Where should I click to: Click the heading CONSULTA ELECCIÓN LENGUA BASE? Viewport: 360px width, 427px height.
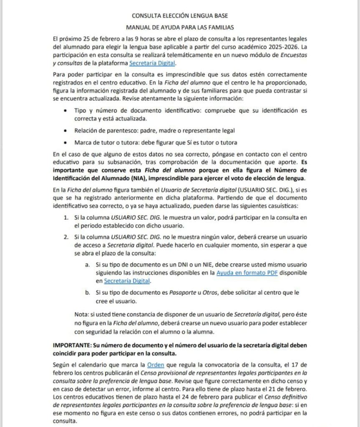[180, 16]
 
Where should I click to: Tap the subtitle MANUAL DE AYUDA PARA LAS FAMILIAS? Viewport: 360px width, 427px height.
[180, 28]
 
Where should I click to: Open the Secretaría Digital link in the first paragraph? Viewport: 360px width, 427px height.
[153, 63]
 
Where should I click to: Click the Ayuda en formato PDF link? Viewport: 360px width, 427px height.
[246, 273]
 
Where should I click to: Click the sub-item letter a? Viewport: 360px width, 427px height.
[87, 264]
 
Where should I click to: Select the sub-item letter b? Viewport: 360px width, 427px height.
[87, 293]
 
